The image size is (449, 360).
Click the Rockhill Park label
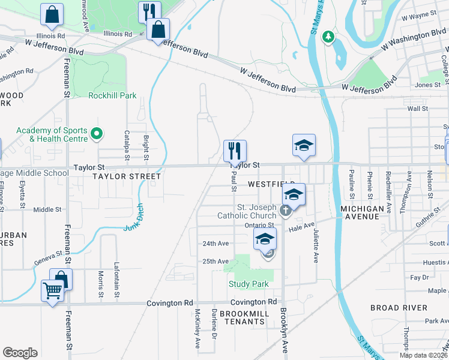tap(112, 95)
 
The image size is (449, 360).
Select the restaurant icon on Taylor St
tap(235, 151)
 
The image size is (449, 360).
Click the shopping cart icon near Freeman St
tap(53, 291)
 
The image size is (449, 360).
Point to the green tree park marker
tap(328, 38)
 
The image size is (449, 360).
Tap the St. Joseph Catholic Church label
tap(246, 211)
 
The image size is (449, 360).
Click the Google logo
tap(20, 352)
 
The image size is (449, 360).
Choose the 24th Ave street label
tap(215, 244)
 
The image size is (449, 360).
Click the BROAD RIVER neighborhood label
tap(399, 308)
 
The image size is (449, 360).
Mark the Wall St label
tap(417, 109)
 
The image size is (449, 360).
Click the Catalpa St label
tap(127, 146)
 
